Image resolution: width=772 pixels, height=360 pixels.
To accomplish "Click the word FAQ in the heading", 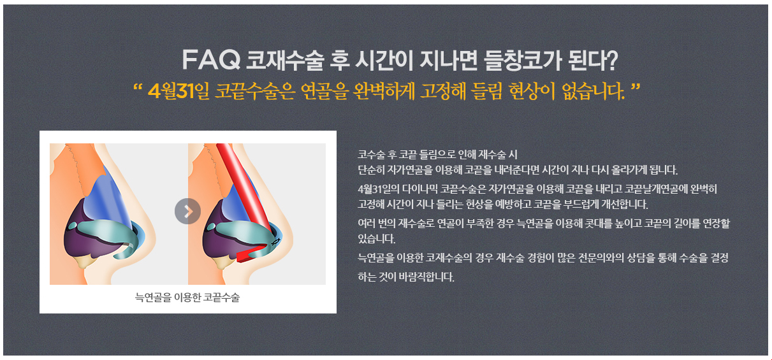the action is click(211, 60).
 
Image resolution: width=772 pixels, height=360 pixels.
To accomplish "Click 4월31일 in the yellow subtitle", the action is click(178, 90).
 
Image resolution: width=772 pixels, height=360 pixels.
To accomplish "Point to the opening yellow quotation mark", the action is click(138, 86).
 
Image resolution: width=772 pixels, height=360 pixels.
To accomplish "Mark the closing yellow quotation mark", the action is click(635, 86).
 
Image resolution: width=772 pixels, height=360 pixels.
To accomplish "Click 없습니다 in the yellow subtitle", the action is click(593, 91).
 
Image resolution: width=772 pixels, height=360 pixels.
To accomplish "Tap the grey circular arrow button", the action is click(187, 211).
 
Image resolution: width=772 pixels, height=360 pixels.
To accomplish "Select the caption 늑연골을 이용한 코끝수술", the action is click(187, 297).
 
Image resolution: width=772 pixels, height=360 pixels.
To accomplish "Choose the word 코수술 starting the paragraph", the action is click(371, 154).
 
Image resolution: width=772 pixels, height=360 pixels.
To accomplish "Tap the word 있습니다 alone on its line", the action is click(376, 239).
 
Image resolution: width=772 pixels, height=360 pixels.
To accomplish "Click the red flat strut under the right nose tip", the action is click(251, 253).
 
